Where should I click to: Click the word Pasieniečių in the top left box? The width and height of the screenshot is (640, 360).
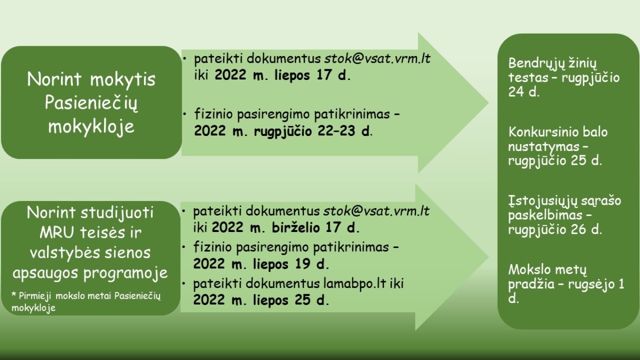point(91,103)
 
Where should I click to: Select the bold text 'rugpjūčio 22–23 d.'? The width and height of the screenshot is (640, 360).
point(313,131)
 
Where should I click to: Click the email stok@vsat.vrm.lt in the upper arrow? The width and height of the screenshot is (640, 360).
point(377,59)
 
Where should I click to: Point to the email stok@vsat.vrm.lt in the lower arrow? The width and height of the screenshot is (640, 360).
point(377,211)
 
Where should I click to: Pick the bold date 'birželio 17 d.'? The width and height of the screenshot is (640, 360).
point(315,228)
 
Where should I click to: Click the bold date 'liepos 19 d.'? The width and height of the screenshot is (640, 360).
point(291,263)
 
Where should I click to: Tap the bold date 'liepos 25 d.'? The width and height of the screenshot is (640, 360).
point(291,300)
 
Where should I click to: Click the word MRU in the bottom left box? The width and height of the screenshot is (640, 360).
point(57,233)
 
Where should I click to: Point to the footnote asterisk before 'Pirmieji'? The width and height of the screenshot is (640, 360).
point(13,294)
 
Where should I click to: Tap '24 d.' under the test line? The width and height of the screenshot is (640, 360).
point(524,91)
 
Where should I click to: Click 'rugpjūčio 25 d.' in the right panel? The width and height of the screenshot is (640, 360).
point(555,161)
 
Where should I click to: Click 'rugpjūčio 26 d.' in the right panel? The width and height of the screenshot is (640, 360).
point(555,230)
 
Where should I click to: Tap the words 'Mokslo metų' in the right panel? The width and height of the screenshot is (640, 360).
point(547,270)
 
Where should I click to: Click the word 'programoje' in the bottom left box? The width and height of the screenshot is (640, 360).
point(125,274)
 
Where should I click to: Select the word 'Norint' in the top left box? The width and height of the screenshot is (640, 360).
point(54,79)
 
